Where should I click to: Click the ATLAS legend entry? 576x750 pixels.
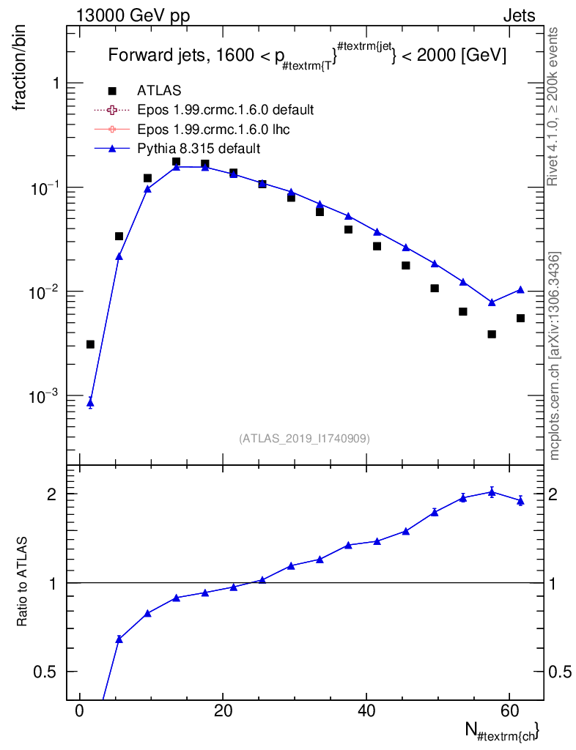(x=159, y=91)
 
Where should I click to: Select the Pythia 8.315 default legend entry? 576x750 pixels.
(x=199, y=149)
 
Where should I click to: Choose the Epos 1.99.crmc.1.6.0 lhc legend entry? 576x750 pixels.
(x=215, y=129)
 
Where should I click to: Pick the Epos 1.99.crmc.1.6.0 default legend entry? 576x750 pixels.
(x=225, y=110)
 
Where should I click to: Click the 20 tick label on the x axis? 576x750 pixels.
(x=223, y=711)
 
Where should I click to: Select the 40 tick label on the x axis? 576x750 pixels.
(x=366, y=711)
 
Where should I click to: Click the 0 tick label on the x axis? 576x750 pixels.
(x=79, y=711)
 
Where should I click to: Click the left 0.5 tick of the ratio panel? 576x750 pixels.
(x=48, y=672)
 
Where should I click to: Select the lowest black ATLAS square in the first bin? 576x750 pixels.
(x=90, y=344)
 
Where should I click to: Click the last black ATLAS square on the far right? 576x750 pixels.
(x=520, y=318)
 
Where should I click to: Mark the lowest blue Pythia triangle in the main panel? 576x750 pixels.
(x=90, y=402)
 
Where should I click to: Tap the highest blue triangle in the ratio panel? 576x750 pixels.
(x=492, y=492)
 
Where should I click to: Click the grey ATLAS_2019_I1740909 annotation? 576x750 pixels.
(x=304, y=439)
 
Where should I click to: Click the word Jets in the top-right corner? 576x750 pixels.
(x=518, y=15)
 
